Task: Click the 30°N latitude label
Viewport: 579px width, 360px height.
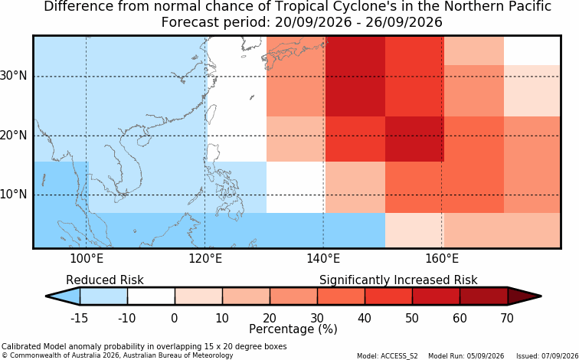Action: pyautogui.click(x=14, y=76)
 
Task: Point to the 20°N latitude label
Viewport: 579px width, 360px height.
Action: pyautogui.click(x=14, y=135)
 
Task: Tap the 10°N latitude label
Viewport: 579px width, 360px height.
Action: pyautogui.click(x=14, y=194)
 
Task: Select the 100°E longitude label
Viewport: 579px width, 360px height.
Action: pyautogui.click(x=87, y=259)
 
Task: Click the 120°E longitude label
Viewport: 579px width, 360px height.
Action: pyautogui.click(x=205, y=259)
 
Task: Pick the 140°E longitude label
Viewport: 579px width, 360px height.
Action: pyautogui.click(x=323, y=259)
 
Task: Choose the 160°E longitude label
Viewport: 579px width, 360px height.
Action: pyautogui.click(x=442, y=259)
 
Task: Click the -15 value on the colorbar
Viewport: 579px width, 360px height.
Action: pyautogui.click(x=79, y=318)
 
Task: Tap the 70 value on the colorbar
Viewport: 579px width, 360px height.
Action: pyautogui.click(x=507, y=318)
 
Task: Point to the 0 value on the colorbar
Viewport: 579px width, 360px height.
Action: pyautogui.click(x=175, y=318)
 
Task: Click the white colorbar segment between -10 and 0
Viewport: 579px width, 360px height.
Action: pyautogui.click(x=151, y=296)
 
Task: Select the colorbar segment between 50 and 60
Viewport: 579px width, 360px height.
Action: pyautogui.click(x=436, y=296)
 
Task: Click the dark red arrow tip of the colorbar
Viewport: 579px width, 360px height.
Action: pyautogui.click(x=541, y=296)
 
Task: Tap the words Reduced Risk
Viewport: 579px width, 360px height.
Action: pyautogui.click(x=105, y=280)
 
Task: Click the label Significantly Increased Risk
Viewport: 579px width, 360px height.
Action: pyautogui.click(x=398, y=280)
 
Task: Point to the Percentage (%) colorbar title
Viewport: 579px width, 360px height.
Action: pyautogui.click(x=293, y=329)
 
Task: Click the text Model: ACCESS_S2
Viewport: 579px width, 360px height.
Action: pyautogui.click(x=388, y=356)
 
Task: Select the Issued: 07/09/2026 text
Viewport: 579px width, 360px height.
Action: pyautogui.click(x=548, y=356)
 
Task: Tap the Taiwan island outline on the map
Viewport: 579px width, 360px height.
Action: pyautogui.click(x=211, y=114)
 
